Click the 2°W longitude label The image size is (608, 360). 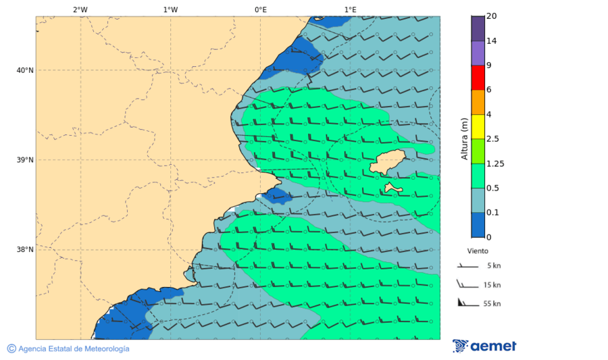click(80, 9)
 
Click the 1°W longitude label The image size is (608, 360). click(170, 9)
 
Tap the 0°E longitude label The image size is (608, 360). click(260, 9)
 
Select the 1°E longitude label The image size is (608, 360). click(350, 9)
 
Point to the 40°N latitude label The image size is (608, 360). click(24, 70)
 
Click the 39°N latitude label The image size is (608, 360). click(24, 160)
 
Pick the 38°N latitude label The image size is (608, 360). click(24, 250)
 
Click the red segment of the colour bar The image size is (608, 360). click(478, 78)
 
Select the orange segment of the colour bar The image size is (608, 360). click(478, 102)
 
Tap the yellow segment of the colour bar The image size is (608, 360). click(478, 126)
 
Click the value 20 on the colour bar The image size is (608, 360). click(492, 16)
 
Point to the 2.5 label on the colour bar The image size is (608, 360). click(492, 139)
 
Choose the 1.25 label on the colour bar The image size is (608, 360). click(495, 163)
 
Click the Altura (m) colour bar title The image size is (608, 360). click(464, 139)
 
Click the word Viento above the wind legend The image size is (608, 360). click(478, 251)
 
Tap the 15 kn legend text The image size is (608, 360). click(492, 285)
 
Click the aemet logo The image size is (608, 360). click(484, 346)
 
